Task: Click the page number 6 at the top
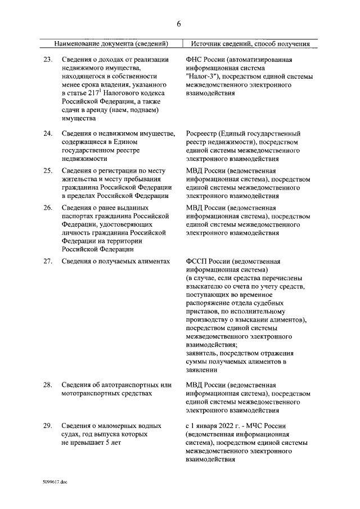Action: pyautogui.click(x=179, y=24)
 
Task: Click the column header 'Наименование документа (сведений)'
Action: pyautogui.click(x=111, y=44)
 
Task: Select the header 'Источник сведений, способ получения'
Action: pyautogui.click(x=250, y=44)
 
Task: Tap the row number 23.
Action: pyautogui.click(x=48, y=60)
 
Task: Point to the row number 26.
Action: pyautogui.click(x=48, y=208)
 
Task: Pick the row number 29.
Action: pyautogui.click(x=48, y=426)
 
